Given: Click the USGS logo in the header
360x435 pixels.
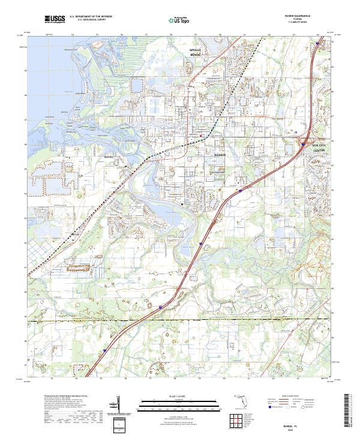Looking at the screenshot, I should pyautogui.click(x=53, y=20).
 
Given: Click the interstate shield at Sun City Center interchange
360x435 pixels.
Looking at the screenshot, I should pyautogui.click(x=302, y=144).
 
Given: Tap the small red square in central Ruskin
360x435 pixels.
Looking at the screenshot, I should pyautogui.click(x=200, y=137).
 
